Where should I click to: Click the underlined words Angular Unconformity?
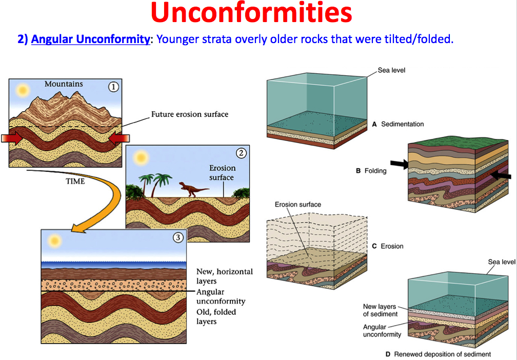(91, 39)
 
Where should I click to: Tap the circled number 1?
(113, 87)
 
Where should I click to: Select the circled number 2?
(242, 153)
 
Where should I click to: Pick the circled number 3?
(178, 237)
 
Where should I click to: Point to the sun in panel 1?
(23, 90)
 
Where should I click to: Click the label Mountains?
(64, 84)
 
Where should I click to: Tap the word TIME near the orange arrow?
(75, 182)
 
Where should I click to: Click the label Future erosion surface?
(190, 114)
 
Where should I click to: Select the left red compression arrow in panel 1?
(12, 138)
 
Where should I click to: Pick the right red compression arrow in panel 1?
(119, 138)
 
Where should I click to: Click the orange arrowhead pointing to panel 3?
(80, 228)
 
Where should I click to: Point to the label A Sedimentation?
(398, 124)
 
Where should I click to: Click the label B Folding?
(371, 171)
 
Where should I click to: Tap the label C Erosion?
(387, 246)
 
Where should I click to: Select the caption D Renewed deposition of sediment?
(438, 354)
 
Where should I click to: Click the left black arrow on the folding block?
(399, 164)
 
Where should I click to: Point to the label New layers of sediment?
(380, 310)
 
